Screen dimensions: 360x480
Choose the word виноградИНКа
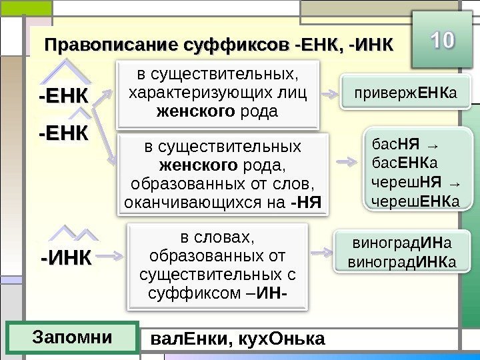[402, 263]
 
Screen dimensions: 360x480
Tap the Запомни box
[72, 337]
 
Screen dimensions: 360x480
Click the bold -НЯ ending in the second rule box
[307, 200]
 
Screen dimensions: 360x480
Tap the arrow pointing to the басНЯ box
[347, 162]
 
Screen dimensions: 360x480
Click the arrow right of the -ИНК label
[112, 255]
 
